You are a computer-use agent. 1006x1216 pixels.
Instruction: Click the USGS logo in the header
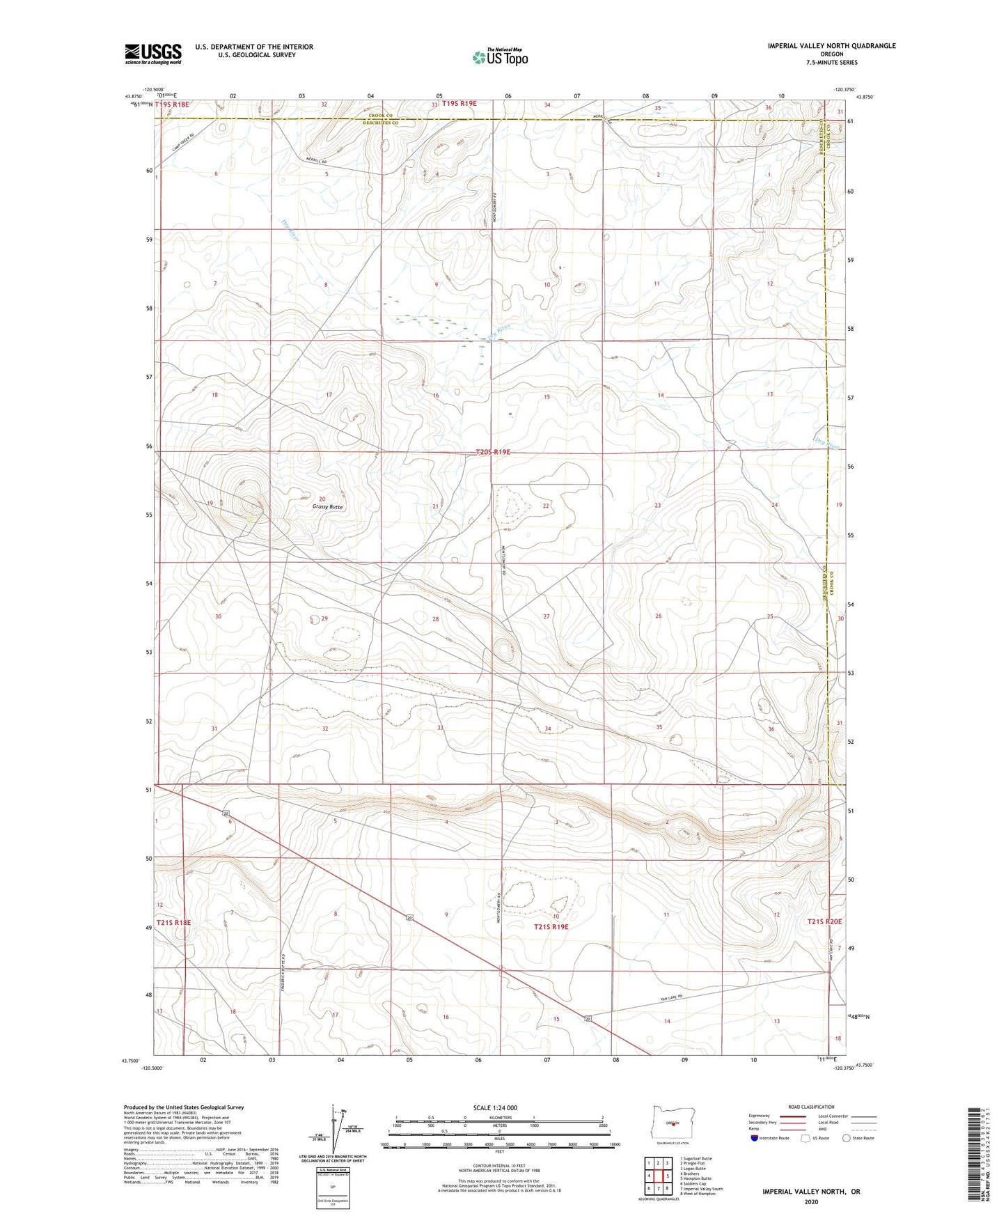coord(153,54)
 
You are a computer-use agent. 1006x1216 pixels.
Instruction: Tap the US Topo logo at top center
coord(498,58)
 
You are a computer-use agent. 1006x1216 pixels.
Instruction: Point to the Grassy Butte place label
coord(327,507)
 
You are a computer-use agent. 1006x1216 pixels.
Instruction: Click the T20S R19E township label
coord(493,452)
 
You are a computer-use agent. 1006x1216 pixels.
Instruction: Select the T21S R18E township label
coord(173,923)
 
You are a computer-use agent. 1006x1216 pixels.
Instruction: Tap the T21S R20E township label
coord(825,921)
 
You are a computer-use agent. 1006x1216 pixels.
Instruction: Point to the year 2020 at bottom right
coord(811,1201)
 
